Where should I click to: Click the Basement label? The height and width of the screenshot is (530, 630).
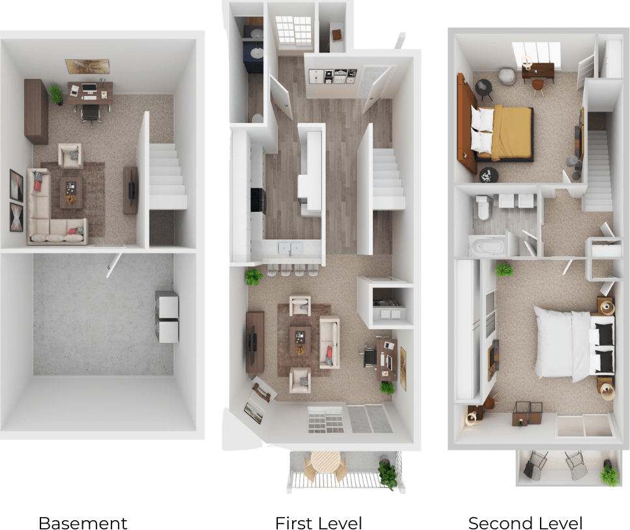(x=82, y=522)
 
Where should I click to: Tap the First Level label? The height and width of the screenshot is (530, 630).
(x=318, y=522)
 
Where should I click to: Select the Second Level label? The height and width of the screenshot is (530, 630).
(x=525, y=522)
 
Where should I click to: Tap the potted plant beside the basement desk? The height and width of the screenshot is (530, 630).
(x=56, y=95)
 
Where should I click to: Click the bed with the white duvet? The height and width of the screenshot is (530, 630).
(x=565, y=343)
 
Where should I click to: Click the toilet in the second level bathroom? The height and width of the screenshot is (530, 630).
(x=483, y=207)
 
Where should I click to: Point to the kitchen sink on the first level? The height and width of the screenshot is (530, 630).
(x=288, y=248)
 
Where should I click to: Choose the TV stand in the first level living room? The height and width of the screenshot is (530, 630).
(x=254, y=342)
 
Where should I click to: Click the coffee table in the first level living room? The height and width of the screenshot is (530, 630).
(x=299, y=340)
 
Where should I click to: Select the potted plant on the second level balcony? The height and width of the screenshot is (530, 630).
(x=609, y=475)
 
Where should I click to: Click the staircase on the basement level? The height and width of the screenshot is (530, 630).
(x=166, y=175)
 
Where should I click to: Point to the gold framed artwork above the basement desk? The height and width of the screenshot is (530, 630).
(x=87, y=66)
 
